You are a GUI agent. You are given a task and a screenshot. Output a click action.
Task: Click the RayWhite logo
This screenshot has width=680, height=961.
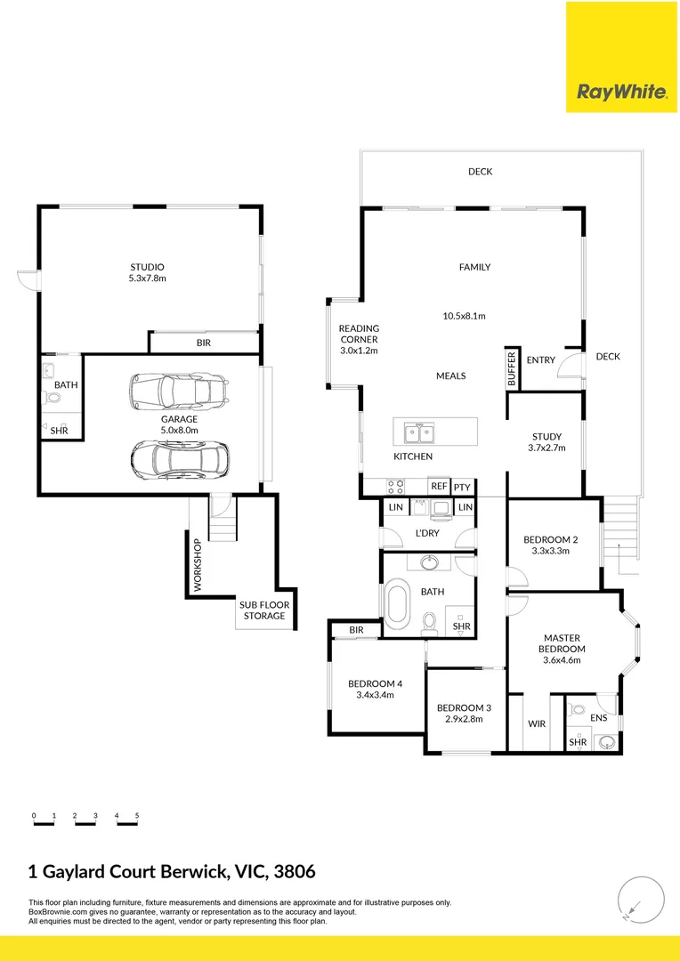tap(622, 92)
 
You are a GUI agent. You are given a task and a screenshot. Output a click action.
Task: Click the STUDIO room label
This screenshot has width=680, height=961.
tap(147, 267)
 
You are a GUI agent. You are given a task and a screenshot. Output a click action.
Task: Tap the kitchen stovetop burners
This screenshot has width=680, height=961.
tap(395, 487)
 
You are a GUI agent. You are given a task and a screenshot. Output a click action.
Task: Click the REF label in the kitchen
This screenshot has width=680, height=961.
tap(439, 487)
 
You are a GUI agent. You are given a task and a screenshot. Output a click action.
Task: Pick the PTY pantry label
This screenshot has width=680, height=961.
tap(462, 488)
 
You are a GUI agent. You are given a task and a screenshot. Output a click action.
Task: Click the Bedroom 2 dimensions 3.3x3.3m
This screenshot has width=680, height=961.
tap(550, 551)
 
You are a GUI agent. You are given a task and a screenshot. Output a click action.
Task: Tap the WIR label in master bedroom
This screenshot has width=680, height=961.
tap(536, 723)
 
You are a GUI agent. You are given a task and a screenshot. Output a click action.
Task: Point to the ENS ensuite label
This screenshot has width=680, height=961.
tap(598, 716)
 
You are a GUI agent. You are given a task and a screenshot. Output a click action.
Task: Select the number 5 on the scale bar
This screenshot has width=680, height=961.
tap(137, 815)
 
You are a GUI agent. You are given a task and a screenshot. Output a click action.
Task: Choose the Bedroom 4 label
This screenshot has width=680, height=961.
tap(375, 683)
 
